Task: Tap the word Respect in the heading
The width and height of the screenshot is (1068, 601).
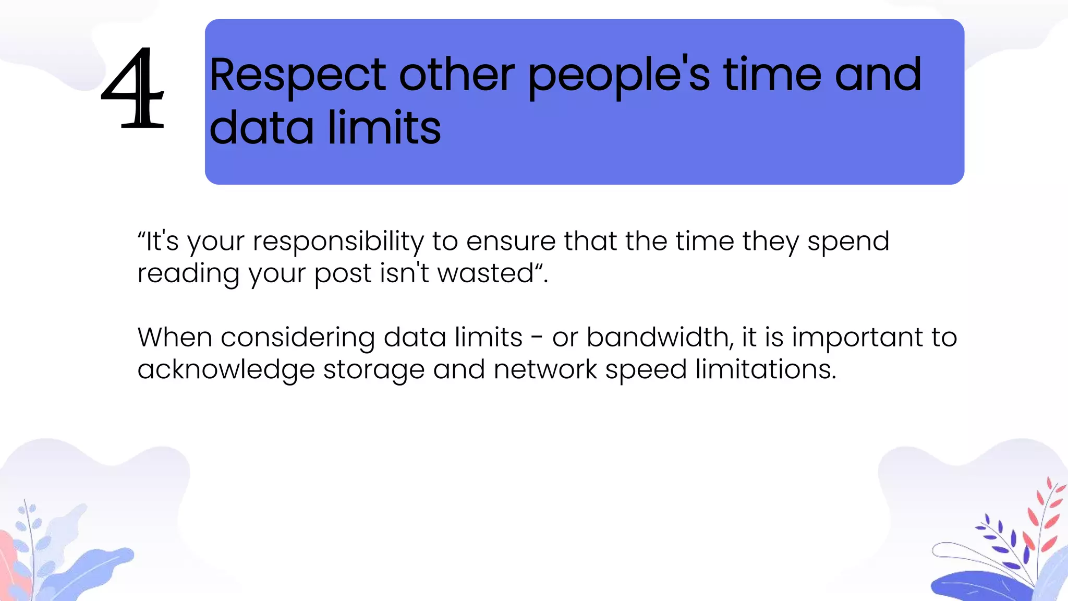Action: point(298,76)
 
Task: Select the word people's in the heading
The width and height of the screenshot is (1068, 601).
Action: point(618,76)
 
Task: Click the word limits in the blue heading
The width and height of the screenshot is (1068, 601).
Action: point(384,128)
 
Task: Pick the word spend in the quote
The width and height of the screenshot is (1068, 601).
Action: point(848,242)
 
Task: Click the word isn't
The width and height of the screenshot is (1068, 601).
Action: point(404,273)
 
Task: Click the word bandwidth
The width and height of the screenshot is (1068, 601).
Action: point(659,337)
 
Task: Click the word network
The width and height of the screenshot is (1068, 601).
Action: point(545,369)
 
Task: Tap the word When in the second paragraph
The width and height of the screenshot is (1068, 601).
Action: point(174,337)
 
